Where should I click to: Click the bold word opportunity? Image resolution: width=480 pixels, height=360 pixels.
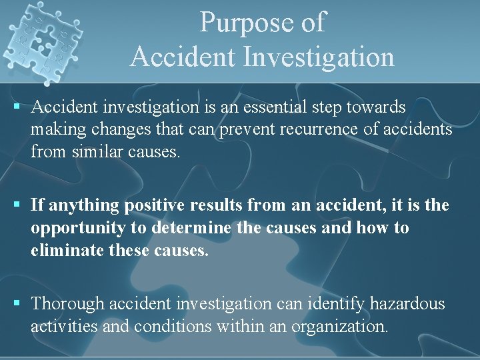point(78,228)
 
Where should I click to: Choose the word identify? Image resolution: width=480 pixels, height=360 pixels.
point(334,305)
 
